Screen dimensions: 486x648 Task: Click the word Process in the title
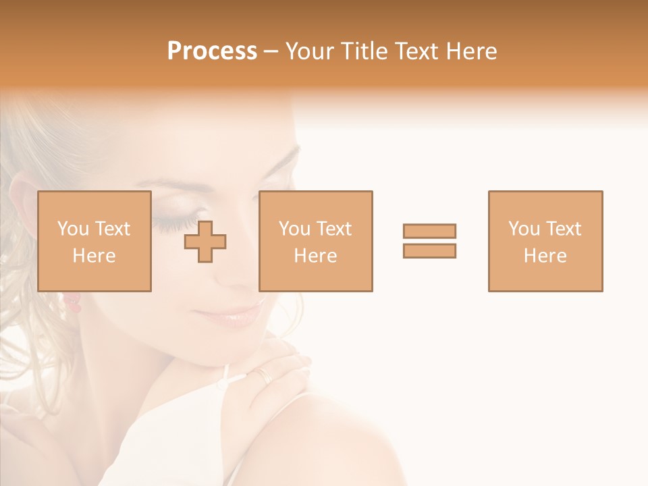pos(212,51)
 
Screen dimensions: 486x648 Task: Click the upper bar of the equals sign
pos(429,231)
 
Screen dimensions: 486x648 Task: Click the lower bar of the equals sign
pos(429,250)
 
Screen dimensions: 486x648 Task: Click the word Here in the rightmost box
pos(545,256)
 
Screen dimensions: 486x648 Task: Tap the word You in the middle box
pos(294,229)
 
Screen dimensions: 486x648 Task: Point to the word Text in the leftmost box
pos(112,229)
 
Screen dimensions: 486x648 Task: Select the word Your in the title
pos(309,51)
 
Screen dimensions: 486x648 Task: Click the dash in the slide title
pos(271,51)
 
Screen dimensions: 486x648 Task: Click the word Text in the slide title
pos(417,51)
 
